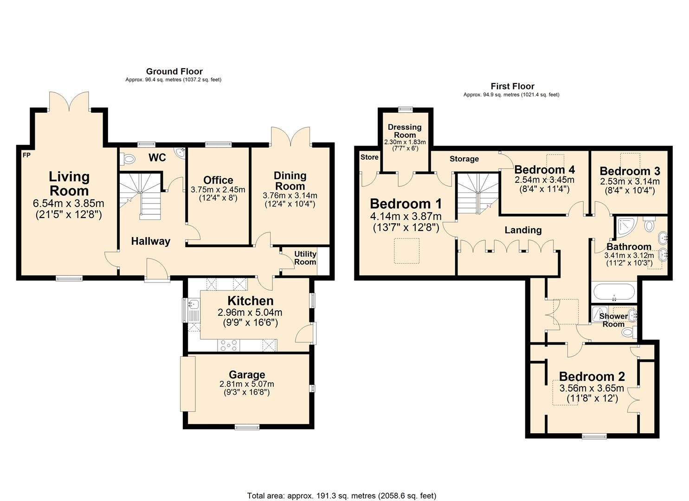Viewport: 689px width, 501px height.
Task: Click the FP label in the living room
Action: point(26,155)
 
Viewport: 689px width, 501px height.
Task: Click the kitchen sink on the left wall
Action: point(193,305)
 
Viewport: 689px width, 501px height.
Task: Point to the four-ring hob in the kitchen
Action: point(229,345)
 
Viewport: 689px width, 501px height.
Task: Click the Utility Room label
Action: point(305,258)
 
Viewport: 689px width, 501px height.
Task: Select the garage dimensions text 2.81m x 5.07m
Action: point(246,384)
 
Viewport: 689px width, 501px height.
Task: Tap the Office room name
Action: point(218,180)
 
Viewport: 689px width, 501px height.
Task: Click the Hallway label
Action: point(150,241)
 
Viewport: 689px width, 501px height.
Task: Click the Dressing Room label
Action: point(405,131)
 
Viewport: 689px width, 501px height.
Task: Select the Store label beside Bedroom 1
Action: point(369,157)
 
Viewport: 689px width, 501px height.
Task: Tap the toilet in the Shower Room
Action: point(628,332)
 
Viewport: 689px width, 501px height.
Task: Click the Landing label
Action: point(523,230)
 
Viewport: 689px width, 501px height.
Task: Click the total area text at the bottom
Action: point(341,495)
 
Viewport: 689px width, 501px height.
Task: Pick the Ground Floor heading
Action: point(174,71)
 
